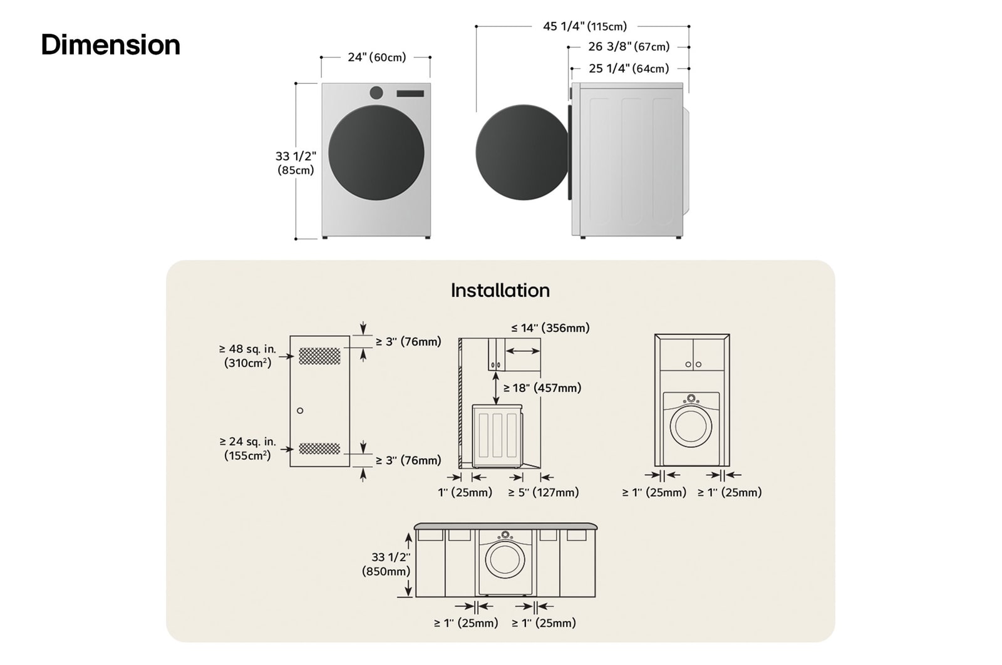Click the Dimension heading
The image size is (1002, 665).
pos(111,45)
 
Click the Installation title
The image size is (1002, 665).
pos(500,291)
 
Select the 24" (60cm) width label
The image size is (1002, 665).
pos(376,58)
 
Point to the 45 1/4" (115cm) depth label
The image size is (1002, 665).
pos(584,26)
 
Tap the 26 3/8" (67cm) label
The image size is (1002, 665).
pos(628,47)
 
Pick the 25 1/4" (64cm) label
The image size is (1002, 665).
pos(628,69)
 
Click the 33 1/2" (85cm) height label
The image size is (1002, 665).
pos(296,163)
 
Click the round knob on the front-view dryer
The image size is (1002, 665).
pos(376,93)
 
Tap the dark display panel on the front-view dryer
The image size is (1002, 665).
pos(410,93)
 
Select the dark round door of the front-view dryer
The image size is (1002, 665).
pos(376,153)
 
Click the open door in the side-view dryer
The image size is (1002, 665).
pos(521,153)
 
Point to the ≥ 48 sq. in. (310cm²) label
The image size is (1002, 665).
pos(247,356)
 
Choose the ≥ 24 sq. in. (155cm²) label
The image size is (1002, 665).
pos(247,448)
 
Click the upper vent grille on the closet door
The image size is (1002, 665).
pos(319,356)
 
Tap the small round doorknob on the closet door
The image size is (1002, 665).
pos(300,411)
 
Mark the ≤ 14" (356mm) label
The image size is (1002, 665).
pos(550,328)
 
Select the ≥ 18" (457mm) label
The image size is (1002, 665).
pos(542,388)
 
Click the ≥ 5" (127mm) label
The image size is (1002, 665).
pos(543,493)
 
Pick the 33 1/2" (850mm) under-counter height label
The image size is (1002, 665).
pos(386,564)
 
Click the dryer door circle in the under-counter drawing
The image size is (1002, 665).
pos(505,559)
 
